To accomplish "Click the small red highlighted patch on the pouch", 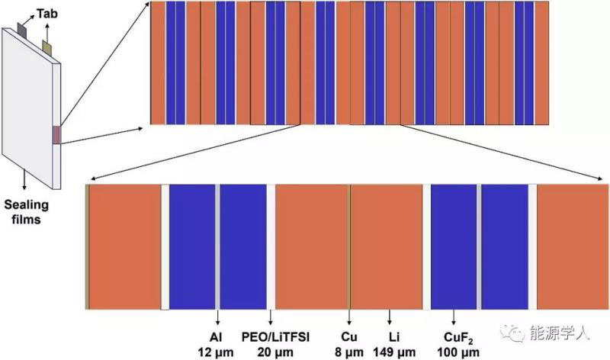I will point(55,134).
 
